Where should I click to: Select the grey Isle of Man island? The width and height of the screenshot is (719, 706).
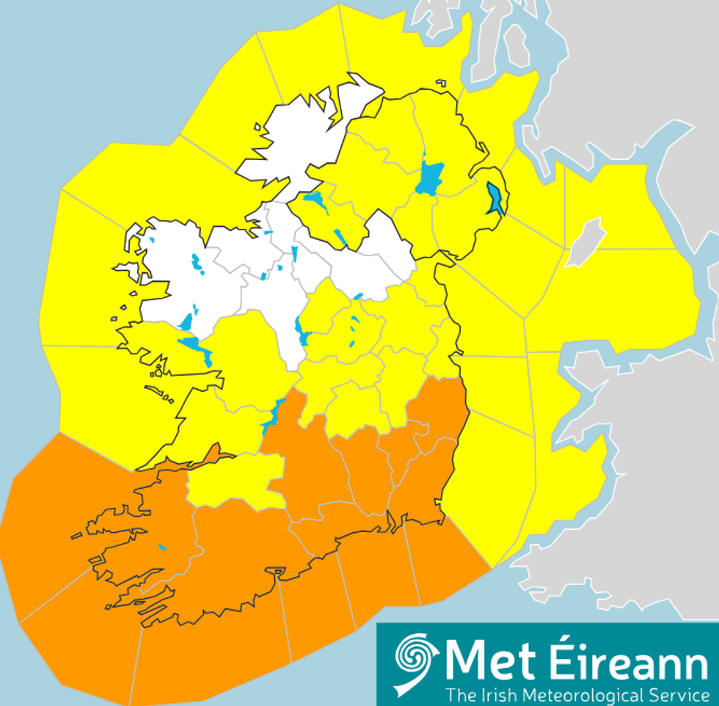pyautogui.click(x=585, y=241)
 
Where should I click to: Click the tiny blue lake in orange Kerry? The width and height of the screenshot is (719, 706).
pyautogui.click(x=161, y=547)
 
